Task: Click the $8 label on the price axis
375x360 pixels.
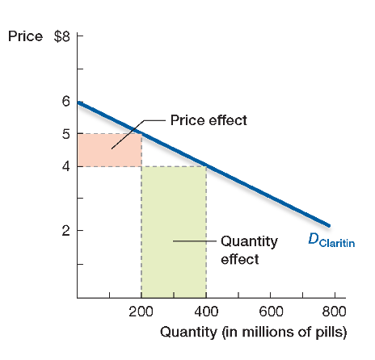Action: click(61, 36)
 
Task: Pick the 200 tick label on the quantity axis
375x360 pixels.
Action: click(141, 312)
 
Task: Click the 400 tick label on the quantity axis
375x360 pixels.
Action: click(206, 312)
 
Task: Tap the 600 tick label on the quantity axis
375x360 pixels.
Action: click(271, 312)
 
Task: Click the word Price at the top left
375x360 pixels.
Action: click(23, 36)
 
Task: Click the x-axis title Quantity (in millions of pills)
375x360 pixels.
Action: click(253, 332)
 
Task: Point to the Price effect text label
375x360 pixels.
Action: click(209, 120)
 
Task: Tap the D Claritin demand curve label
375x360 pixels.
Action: click(332, 240)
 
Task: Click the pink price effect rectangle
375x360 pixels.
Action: click(109, 150)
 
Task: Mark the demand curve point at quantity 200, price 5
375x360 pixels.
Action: click(141, 134)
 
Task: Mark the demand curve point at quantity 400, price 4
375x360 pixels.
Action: click(206, 166)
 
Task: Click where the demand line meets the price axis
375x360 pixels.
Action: click(78, 103)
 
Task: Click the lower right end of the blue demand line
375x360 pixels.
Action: click(329, 225)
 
